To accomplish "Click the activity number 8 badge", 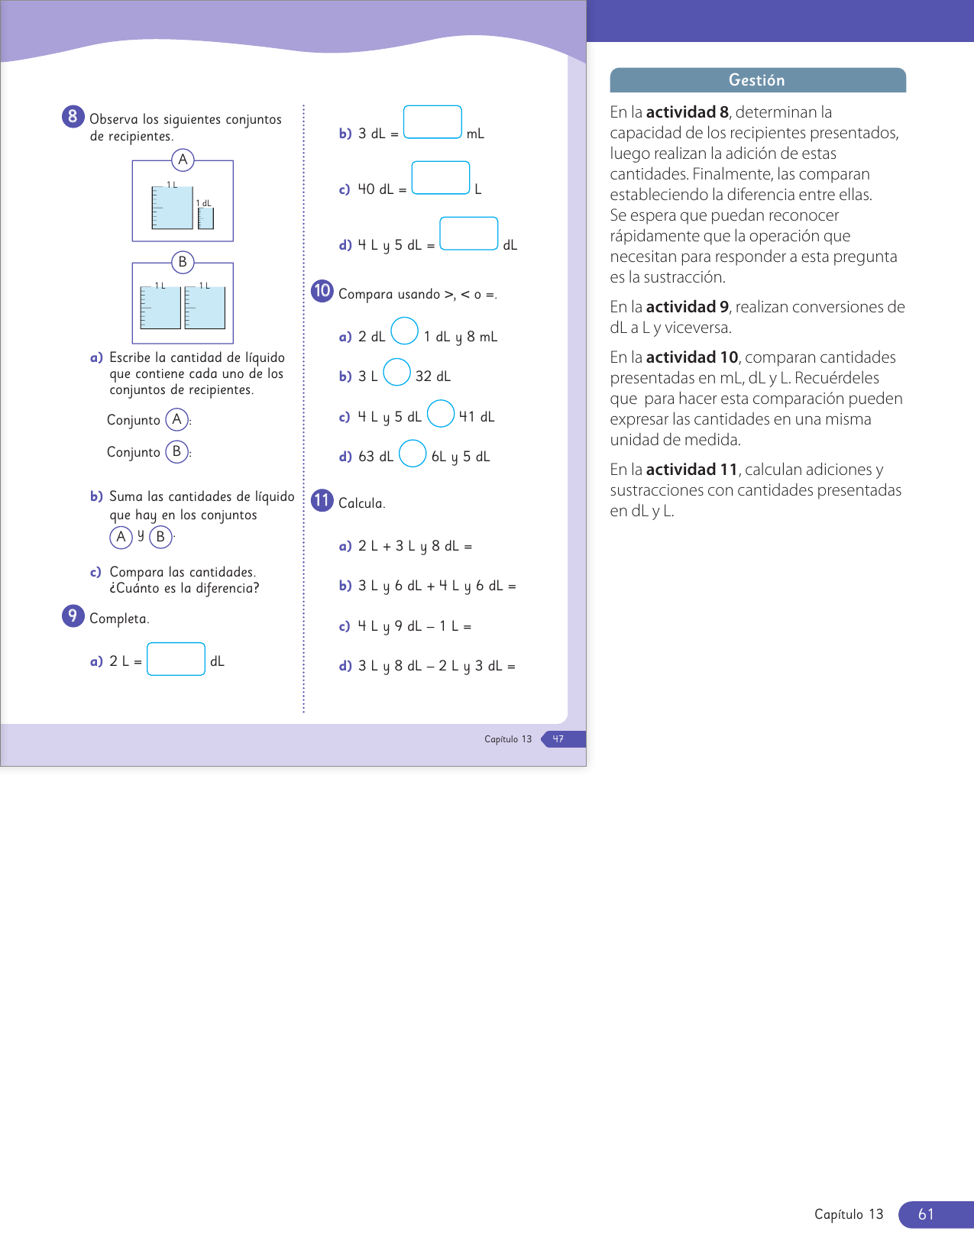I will pyautogui.click(x=73, y=116).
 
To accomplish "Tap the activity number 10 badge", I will pyautogui.click(x=322, y=291).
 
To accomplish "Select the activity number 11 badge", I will pyautogui.click(x=322, y=500).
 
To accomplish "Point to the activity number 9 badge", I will pyautogui.click(x=73, y=615).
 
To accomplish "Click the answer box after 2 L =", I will pyautogui.click(x=176, y=659).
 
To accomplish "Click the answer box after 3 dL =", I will pyautogui.click(x=432, y=122).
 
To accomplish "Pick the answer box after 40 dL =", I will pyautogui.click(x=441, y=178).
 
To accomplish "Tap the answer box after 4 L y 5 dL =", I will pyautogui.click(x=469, y=234).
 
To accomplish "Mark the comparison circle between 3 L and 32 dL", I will pyautogui.click(x=396, y=373).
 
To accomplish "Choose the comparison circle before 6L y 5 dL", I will pyautogui.click(x=413, y=454).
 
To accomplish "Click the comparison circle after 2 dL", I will pyautogui.click(x=404, y=331).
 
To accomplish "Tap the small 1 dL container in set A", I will pyautogui.click(x=205, y=218).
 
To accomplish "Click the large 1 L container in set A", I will pyautogui.click(x=172, y=207).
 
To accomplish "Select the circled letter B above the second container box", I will pyautogui.click(x=183, y=262).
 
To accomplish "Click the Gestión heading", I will pyautogui.click(x=757, y=80).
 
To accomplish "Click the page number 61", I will pyautogui.click(x=926, y=1214).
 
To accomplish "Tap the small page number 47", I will pyautogui.click(x=558, y=739).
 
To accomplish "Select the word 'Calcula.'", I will pyautogui.click(x=361, y=503).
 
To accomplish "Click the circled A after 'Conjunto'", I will pyautogui.click(x=177, y=419).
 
